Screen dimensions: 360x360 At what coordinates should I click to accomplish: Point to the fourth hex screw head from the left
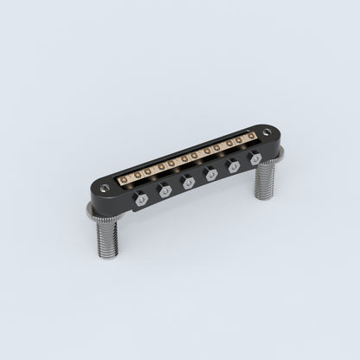point(209,173)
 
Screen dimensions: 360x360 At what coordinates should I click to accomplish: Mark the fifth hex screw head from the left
point(231,167)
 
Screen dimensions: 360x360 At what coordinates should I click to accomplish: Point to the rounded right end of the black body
point(269,138)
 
